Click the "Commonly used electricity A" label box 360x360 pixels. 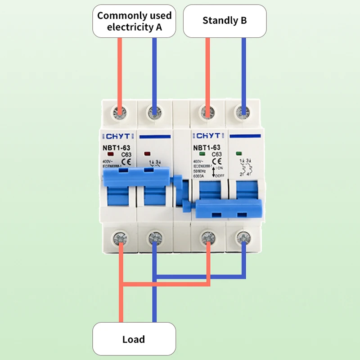(x=134, y=21)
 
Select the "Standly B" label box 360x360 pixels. (x=225, y=21)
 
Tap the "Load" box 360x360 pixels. (x=134, y=339)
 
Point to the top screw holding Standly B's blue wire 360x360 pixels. (x=243, y=111)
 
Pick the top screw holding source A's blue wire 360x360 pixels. (x=155, y=111)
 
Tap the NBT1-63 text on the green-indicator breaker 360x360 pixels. (x=207, y=147)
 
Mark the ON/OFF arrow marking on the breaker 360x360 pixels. (x=215, y=171)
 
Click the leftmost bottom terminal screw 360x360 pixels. (x=120, y=235)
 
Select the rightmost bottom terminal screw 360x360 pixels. (x=243, y=235)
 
